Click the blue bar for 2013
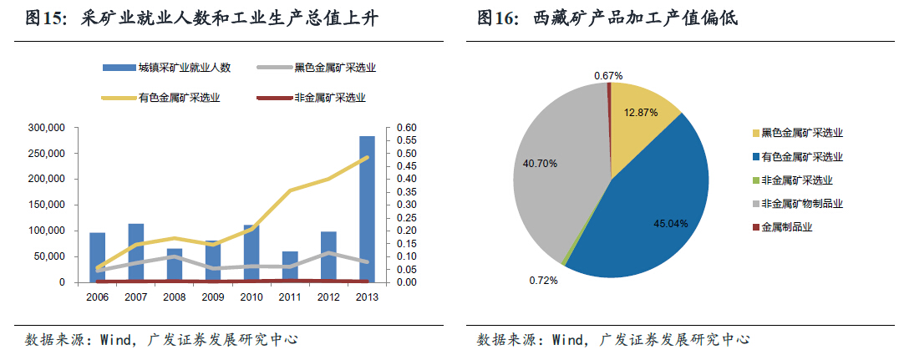pos(367,209)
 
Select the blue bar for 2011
pos(290,266)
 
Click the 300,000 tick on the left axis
pos(47,128)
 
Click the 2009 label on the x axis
pos(213,297)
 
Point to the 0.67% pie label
pos(608,75)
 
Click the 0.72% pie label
pos(543,280)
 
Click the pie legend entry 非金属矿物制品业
pos(801,203)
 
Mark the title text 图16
pos(500,18)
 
